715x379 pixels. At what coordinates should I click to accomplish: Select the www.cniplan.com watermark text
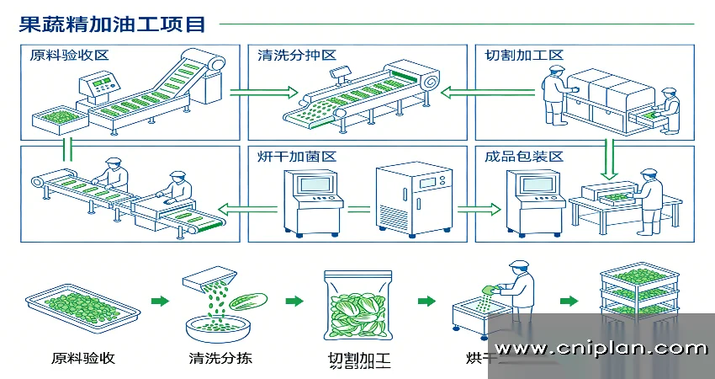click(x=601, y=348)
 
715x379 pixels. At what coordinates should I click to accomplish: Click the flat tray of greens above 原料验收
click(x=82, y=307)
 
